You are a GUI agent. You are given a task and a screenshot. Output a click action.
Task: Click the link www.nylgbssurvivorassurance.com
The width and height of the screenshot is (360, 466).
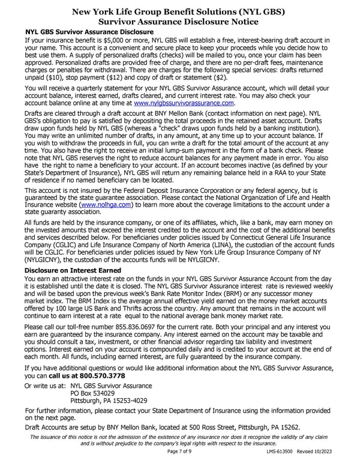point(184,103)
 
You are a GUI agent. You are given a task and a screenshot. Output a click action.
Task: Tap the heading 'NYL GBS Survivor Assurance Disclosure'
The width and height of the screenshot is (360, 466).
point(88,31)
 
